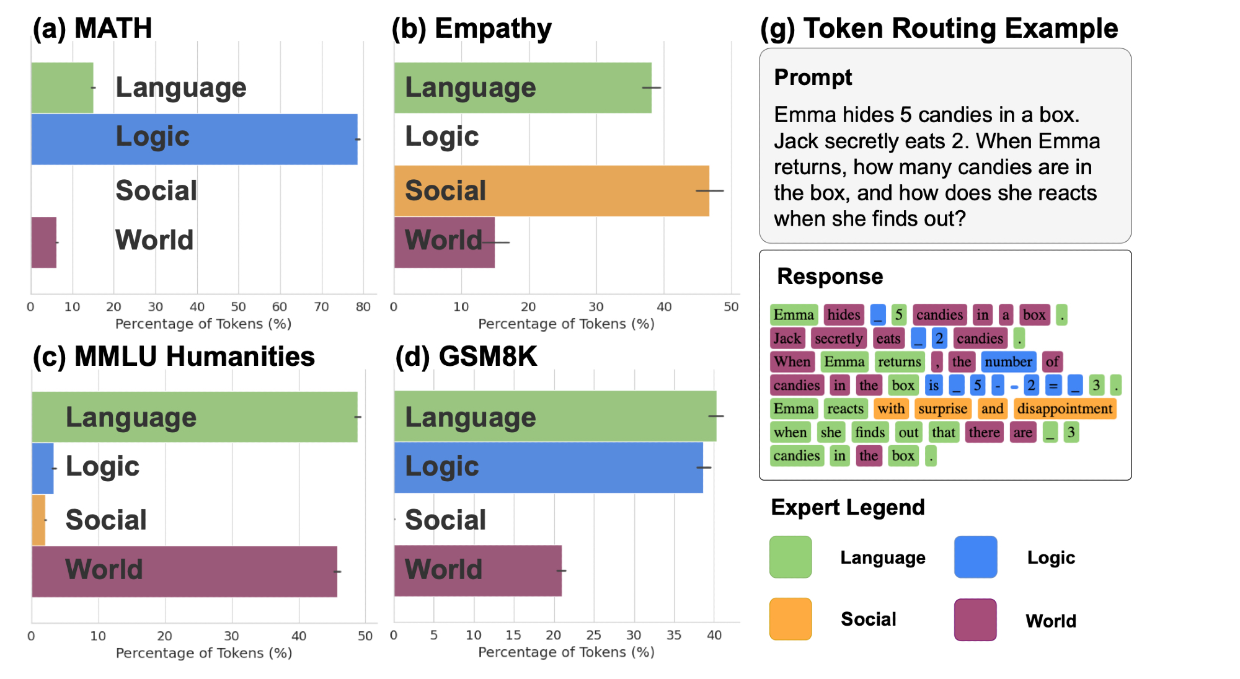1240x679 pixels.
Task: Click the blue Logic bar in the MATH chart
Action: tap(194, 139)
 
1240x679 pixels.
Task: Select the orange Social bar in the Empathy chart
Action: tap(551, 190)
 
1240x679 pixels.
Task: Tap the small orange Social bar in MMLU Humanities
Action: tap(38, 520)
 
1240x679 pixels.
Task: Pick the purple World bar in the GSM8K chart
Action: tap(477, 570)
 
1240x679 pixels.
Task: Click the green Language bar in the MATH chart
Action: tap(62, 87)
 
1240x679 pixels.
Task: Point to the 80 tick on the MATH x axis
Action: tap(363, 306)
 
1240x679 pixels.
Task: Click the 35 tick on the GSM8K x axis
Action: tap(674, 635)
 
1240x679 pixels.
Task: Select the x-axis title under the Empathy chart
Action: tap(566, 324)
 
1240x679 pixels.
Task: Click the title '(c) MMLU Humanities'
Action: tap(174, 357)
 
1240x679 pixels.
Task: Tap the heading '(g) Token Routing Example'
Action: tap(939, 29)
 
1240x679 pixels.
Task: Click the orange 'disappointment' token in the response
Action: tap(1065, 409)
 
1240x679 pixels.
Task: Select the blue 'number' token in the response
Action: tap(1008, 362)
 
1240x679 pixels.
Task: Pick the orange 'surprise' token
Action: tap(942, 409)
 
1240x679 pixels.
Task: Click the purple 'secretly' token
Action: tap(838, 338)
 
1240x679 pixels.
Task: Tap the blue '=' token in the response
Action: tap(1053, 385)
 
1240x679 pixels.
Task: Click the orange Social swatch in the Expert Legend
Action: tap(790, 618)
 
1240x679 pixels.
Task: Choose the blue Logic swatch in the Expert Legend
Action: tap(975, 557)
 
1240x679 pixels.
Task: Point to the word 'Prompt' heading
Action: tap(813, 78)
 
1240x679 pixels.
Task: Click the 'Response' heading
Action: tap(830, 277)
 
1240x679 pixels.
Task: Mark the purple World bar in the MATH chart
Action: tap(43, 242)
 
